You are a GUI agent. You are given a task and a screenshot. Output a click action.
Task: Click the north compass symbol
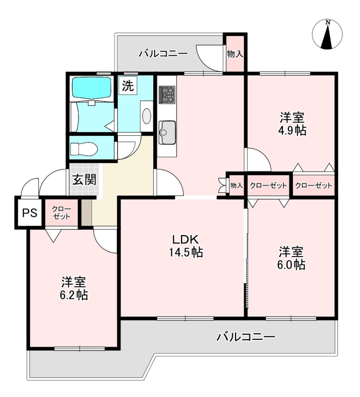[327, 34]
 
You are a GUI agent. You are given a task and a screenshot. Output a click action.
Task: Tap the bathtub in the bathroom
[92, 88]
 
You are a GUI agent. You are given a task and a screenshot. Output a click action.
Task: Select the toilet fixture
[84, 148]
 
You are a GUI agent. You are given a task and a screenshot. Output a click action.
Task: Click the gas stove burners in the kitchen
[167, 95]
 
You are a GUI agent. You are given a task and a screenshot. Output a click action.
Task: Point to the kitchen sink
[167, 133]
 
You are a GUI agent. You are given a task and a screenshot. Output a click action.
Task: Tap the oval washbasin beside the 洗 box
[146, 116]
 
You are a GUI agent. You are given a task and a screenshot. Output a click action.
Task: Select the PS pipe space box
[30, 213]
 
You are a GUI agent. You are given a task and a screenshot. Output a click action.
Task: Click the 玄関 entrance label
[84, 180]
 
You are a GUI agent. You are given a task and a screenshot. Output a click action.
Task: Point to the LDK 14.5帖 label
[186, 246]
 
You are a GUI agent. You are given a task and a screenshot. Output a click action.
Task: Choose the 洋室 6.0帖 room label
[291, 258]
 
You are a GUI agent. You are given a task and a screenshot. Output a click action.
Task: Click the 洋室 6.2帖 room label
[74, 288]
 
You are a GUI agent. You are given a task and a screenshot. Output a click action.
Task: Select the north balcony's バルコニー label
[163, 54]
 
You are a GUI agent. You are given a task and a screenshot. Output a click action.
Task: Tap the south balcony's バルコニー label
[246, 337]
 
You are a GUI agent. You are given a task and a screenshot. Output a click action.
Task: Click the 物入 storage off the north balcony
[235, 54]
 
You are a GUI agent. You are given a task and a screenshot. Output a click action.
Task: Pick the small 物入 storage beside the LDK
[237, 185]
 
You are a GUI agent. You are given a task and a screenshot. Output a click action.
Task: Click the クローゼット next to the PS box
[62, 213]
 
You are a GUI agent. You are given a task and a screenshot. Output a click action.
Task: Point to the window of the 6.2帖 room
[79, 349]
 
